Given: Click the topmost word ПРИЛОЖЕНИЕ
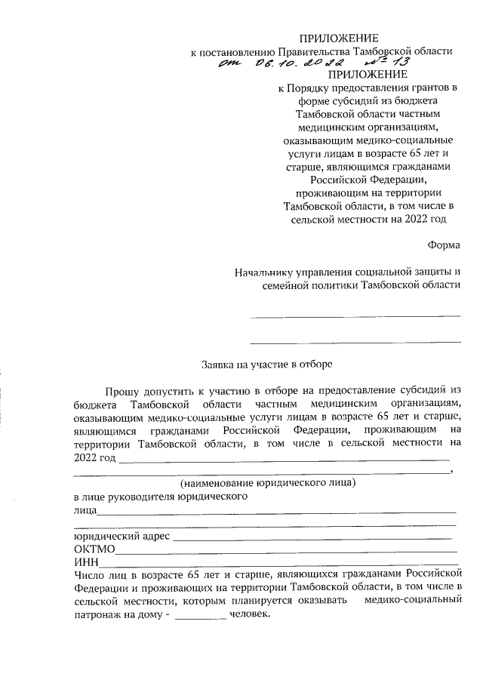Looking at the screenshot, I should (x=339, y=38).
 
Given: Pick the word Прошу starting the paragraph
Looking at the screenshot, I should (x=122, y=389).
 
